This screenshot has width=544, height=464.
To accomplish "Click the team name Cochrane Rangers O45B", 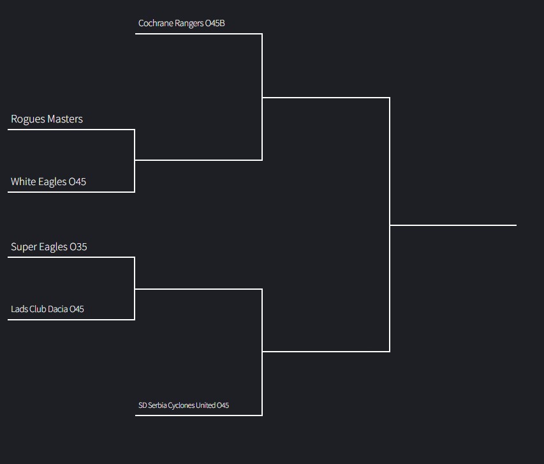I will click(182, 24).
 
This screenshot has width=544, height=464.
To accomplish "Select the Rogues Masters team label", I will click(47, 119).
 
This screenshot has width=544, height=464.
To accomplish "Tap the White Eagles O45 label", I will click(48, 182).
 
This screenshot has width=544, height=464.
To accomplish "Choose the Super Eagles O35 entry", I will click(49, 247).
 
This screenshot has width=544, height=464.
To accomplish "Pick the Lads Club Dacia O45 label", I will click(47, 310).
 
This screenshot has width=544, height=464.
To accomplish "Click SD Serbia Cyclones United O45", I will click(184, 405).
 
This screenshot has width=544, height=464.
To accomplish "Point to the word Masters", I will click(64, 119).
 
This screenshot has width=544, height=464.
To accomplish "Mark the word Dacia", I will click(57, 310).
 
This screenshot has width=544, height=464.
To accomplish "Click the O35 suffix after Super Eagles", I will click(78, 247).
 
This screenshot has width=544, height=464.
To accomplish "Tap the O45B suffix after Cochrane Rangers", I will click(215, 24).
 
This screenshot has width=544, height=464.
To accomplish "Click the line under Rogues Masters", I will click(71, 130).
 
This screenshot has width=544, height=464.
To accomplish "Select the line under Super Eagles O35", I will click(71, 257).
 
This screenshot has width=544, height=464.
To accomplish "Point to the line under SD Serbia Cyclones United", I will click(198, 415).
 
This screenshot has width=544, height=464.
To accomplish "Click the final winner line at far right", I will click(453, 225).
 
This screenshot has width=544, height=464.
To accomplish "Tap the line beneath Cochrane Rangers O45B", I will click(198, 34).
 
